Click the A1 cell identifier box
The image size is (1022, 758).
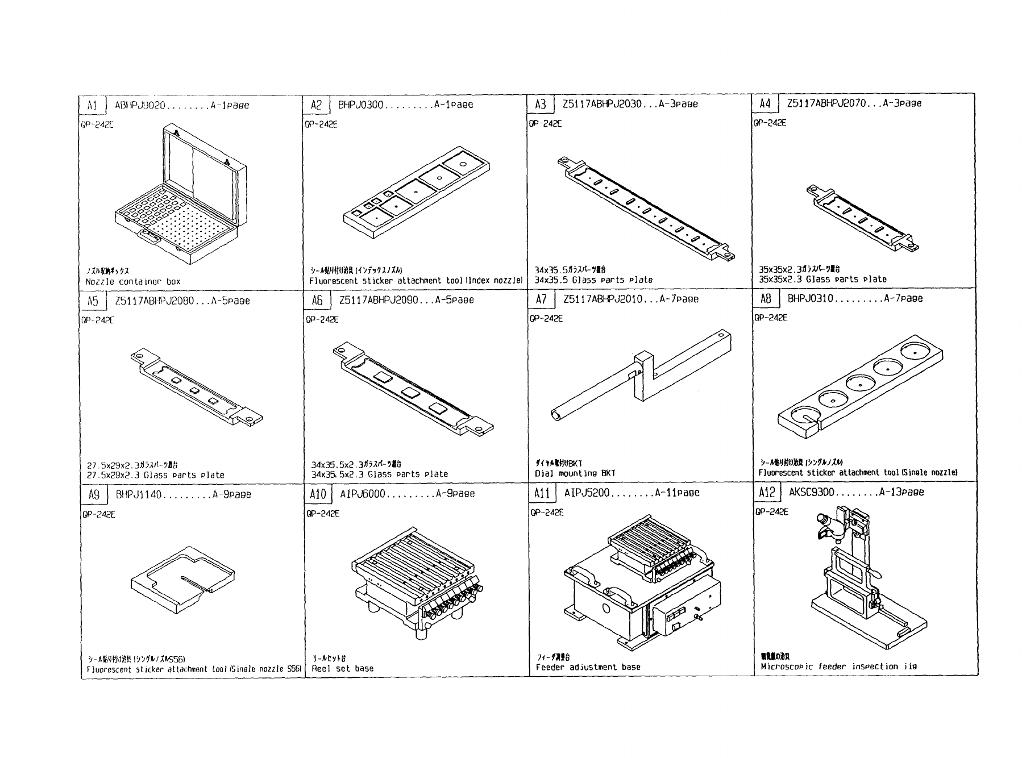tap(93, 106)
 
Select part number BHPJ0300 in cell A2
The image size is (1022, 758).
tap(362, 105)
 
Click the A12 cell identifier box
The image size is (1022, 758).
tap(767, 492)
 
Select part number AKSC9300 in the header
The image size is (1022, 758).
tap(812, 492)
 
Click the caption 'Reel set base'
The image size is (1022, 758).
tap(343, 668)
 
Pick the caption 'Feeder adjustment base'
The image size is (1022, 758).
tap(588, 667)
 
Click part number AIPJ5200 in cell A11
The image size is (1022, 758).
tap(587, 493)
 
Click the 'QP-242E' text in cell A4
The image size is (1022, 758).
tap(770, 123)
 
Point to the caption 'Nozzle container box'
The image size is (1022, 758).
tap(133, 281)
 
